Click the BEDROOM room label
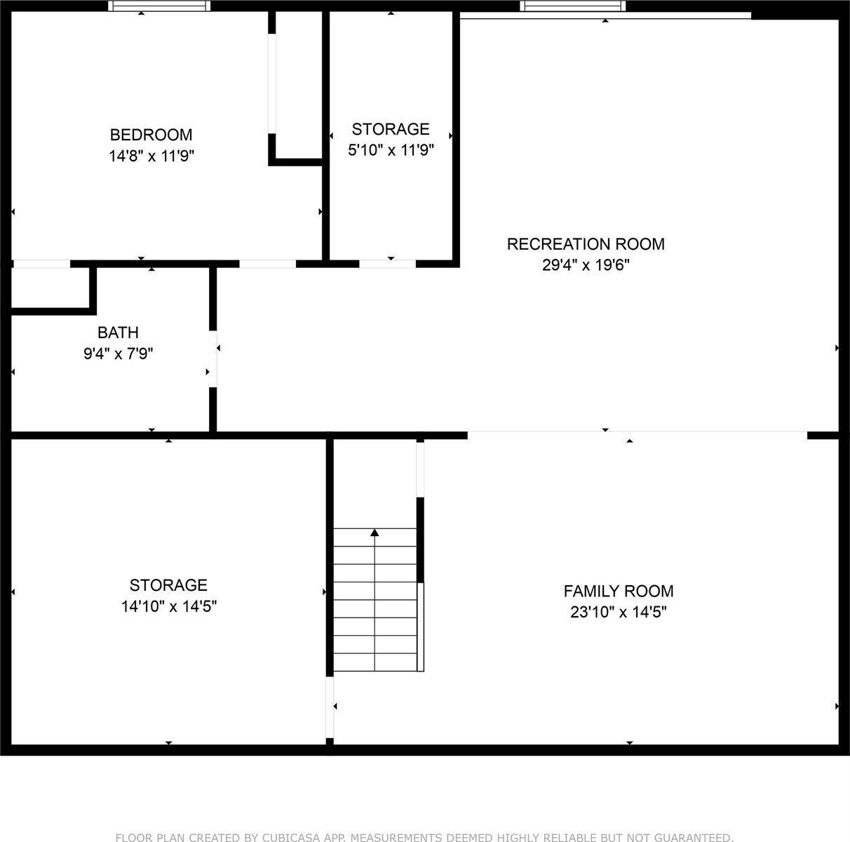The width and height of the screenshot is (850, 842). click(x=151, y=134)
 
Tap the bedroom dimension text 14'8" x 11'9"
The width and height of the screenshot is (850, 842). click(x=151, y=156)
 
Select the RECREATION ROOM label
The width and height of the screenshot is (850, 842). click(x=586, y=243)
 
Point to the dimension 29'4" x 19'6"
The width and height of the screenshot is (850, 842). click(x=586, y=265)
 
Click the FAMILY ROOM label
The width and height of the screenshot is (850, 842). click(x=619, y=591)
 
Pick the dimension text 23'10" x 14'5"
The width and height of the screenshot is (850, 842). click(x=619, y=613)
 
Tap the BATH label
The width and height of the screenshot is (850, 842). click(x=118, y=332)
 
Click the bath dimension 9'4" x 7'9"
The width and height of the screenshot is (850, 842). click(x=118, y=354)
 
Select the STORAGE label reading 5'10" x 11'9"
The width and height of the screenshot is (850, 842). click(x=391, y=129)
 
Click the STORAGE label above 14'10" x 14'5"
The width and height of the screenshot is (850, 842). click(x=168, y=584)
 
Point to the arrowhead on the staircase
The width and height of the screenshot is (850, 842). click(x=375, y=533)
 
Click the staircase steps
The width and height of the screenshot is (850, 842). click(x=375, y=600)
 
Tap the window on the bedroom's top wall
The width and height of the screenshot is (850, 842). click(x=160, y=6)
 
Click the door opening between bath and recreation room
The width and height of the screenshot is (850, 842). click(x=212, y=358)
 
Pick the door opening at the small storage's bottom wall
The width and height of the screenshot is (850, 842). click(x=387, y=264)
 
